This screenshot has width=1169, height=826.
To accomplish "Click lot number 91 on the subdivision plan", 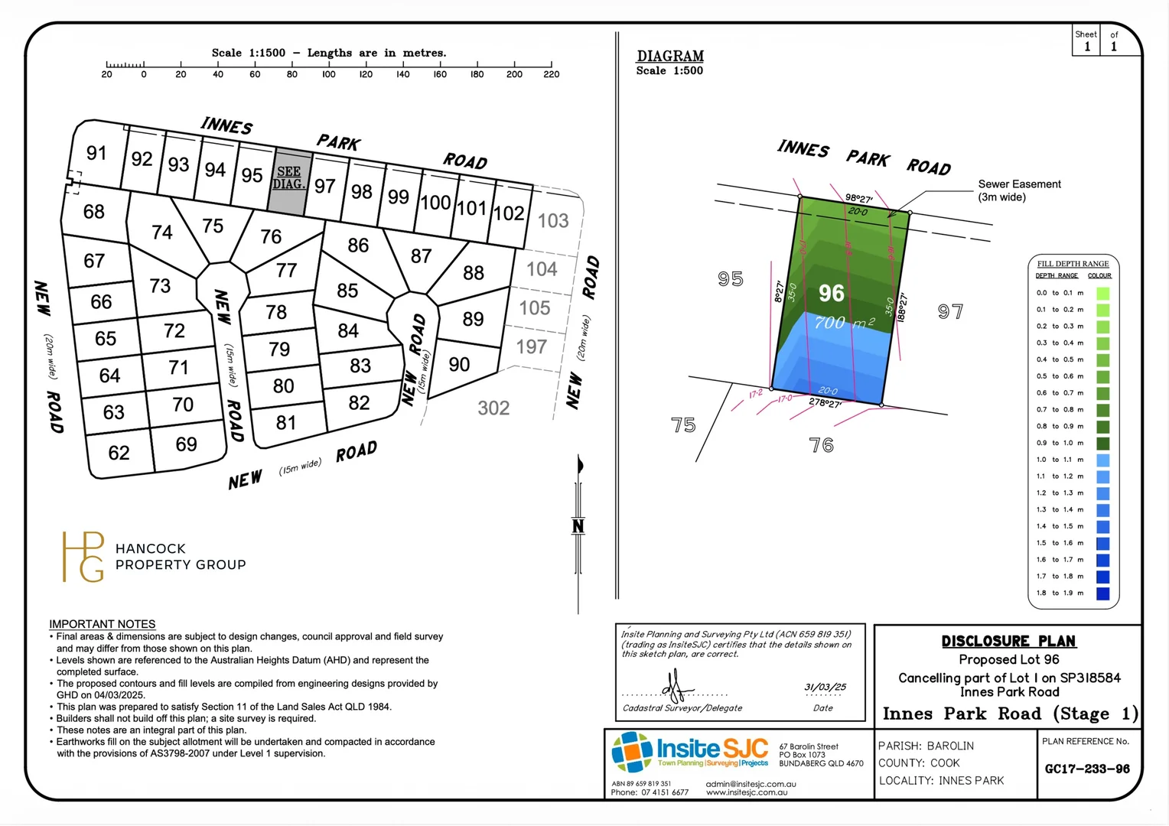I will click(x=96, y=153).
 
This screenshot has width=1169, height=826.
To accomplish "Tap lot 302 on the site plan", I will click(x=493, y=408).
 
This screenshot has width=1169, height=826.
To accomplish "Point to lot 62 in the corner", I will click(x=119, y=453).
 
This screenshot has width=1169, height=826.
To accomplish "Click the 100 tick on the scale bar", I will click(x=329, y=65).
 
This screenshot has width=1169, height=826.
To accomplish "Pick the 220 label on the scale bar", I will click(x=552, y=74).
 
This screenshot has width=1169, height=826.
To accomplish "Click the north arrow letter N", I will click(x=578, y=526).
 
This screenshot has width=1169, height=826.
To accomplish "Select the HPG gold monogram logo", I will click(x=83, y=556).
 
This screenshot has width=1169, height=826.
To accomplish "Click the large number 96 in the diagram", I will click(x=832, y=293).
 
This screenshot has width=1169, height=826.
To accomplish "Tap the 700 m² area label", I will click(x=844, y=323).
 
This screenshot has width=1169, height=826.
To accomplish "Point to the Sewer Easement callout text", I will click(x=1019, y=190).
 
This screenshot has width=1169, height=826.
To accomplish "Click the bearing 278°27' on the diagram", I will click(x=825, y=403).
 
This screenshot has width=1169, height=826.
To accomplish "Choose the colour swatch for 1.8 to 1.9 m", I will click(x=1102, y=593).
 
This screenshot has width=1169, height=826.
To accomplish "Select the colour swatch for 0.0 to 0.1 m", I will click(x=1102, y=293).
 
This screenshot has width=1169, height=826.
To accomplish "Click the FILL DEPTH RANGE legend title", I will click(x=1073, y=264).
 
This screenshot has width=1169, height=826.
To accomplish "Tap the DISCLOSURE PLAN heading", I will click(x=1008, y=641).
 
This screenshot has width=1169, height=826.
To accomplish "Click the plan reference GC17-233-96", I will click(x=1087, y=769).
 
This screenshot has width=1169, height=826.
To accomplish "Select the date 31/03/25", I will click(x=825, y=687).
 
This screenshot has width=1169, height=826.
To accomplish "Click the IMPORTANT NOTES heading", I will click(x=103, y=624).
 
